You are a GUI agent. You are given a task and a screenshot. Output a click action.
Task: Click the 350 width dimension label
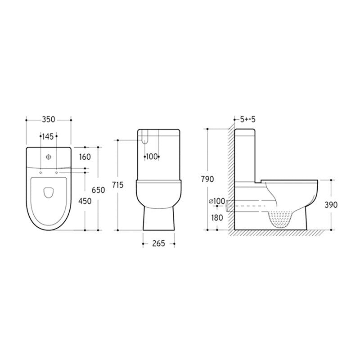[49, 120]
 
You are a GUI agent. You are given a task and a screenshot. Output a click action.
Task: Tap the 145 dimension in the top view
[49, 136]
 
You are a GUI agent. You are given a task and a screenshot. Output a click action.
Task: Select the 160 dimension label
[85, 157]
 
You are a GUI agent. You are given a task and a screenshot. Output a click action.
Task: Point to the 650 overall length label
[98, 190]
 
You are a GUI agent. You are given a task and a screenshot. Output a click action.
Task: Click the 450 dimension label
[85, 201]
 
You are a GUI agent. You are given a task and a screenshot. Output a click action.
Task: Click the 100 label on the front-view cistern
[152, 157]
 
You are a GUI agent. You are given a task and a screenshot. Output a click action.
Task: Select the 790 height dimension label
[207, 179]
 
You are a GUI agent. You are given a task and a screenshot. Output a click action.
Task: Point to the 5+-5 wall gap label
[247, 120]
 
